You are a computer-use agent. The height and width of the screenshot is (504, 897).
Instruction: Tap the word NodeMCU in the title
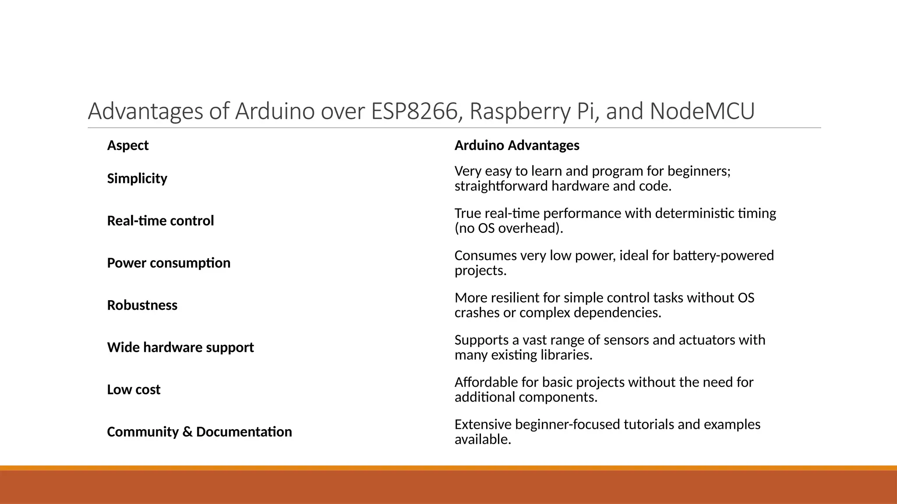point(702,111)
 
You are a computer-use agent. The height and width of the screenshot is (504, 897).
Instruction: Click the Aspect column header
point(128,145)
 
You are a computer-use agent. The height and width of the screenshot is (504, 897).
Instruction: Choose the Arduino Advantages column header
point(517,145)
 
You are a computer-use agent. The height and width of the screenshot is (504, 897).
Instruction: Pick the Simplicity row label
point(137,178)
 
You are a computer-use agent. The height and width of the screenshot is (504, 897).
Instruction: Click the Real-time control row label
point(160,220)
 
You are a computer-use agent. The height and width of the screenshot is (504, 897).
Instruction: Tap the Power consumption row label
point(169,263)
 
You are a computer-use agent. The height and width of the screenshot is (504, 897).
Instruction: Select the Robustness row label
point(142,305)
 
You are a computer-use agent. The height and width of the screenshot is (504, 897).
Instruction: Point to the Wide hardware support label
point(180,347)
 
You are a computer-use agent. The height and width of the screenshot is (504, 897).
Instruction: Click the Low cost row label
point(134,389)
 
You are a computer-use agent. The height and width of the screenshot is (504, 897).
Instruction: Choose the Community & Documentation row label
point(199,432)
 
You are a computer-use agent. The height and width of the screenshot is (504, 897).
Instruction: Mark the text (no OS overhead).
point(509,228)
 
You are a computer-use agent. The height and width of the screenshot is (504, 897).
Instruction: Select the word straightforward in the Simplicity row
point(501,186)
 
